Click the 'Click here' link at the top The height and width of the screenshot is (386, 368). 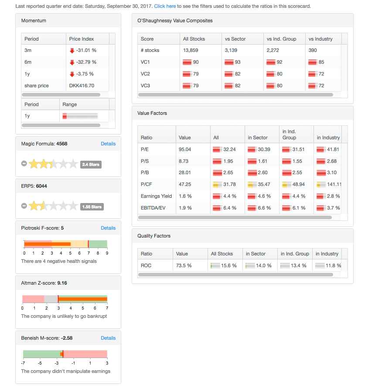pyautogui.click(x=165, y=7)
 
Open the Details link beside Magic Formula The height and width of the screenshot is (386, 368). pyautogui.click(x=108, y=144)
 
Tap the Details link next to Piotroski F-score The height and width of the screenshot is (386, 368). pyautogui.click(x=108, y=228)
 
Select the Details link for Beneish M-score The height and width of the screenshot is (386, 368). pyautogui.click(x=108, y=338)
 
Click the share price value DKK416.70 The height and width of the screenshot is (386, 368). pyautogui.click(x=82, y=86)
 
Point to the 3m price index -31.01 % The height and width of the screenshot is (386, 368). pyautogui.click(x=86, y=50)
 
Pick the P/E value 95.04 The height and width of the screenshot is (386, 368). pyautogui.click(x=185, y=149)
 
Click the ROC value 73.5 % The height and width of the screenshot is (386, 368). pyautogui.click(x=184, y=265)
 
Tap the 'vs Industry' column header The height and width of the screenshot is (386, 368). pyautogui.click(x=320, y=39)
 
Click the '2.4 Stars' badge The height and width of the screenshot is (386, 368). pyautogui.click(x=91, y=165)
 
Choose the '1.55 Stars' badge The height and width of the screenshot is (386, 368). pyautogui.click(x=92, y=207)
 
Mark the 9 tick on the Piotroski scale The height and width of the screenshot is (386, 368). pyautogui.click(x=107, y=253)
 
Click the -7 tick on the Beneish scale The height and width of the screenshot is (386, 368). pyautogui.click(x=23, y=363)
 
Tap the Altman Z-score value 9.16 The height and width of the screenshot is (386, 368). pyautogui.click(x=62, y=283)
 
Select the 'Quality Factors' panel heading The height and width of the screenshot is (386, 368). pyautogui.click(x=154, y=236)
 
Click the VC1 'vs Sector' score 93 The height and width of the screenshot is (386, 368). pyautogui.click(x=237, y=62)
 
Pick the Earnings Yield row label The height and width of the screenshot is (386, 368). pyautogui.click(x=156, y=196)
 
